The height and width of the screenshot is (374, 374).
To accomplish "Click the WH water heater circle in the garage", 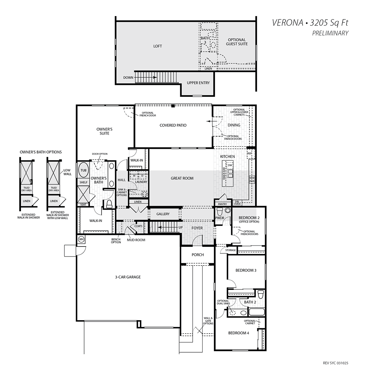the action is click(81, 239).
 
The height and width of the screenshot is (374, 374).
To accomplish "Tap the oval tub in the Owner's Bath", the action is click(83, 170).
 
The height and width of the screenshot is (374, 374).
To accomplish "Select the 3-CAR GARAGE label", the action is click(128, 277).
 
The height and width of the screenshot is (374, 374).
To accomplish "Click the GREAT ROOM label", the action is click(182, 178).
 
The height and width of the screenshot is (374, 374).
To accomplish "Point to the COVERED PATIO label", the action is click(173, 125).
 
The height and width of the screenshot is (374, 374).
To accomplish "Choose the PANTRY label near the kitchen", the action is click(223, 204).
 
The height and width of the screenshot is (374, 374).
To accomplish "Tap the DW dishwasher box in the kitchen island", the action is click(230, 165).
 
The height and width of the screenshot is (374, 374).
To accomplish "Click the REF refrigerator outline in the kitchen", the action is click(251, 154).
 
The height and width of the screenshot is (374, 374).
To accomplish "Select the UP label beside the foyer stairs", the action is click(181, 227).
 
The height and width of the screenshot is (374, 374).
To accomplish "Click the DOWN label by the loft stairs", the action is click(128, 77).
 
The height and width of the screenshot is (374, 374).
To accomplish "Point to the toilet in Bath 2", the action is click(260, 294).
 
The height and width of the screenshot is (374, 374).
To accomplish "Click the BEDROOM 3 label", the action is click(246, 270).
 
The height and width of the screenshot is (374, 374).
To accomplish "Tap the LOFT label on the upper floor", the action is click(158, 46).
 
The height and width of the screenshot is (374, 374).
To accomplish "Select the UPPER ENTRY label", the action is click(198, 83).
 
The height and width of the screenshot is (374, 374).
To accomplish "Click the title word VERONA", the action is click(287, 23).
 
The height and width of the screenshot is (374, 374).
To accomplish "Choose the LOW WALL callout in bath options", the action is click(67, 172).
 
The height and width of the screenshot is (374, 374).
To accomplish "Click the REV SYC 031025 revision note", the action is click(335, 363).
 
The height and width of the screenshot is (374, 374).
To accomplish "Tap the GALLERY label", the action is click(163, 214).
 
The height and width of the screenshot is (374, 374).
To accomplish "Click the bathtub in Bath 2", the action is click(257, 312).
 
